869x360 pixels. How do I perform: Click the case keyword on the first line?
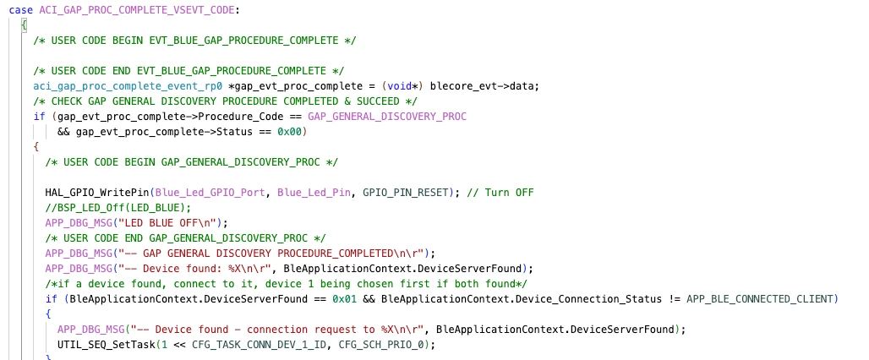click(x=21, y=10)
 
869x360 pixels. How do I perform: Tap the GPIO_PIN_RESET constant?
click(x=406, y=193)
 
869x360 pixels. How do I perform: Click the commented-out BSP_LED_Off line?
click(x=118, y=208)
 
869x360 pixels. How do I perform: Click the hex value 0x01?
click(x=344, y=299)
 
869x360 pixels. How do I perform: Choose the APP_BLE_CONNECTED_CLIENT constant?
click(x=760, y=299)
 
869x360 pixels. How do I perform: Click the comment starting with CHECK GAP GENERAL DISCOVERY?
click(x=225, y=101)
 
